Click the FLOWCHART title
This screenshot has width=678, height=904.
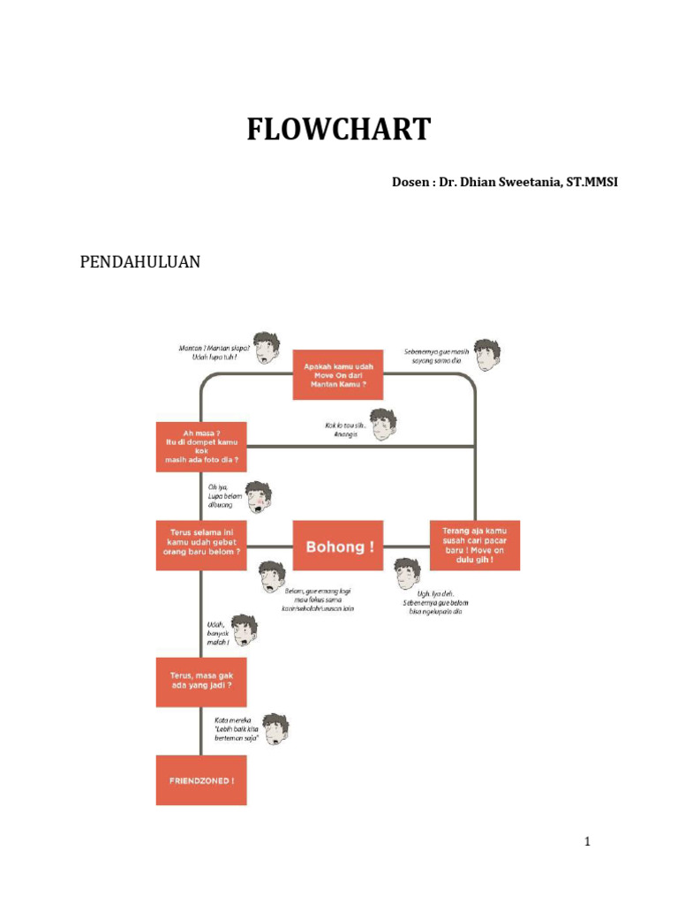(x=338, y=130)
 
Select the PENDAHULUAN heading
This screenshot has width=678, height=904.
(x=140, y=262)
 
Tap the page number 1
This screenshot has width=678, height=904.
(x=586, y=841)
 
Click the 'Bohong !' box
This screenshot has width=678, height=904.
(x=339, y=546)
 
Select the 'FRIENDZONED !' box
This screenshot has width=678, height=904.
(x=201, y=780)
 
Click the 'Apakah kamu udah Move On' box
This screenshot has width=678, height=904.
(x=338, y=374)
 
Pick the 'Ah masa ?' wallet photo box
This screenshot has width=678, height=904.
(x=201, y=447)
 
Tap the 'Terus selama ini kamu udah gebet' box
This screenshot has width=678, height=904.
(x=201, y=546)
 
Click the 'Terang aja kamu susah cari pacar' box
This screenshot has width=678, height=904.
(x=475, y=546)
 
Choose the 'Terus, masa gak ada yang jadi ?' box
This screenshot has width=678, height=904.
(x=201, y=682)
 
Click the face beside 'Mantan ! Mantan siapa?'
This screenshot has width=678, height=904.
(x=266, y=348)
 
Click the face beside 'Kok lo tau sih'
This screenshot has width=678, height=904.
(x=382, y=425)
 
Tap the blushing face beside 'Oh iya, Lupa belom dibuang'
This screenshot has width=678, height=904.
(x=258, y=498)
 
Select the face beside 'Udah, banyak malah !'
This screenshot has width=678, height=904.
(x=244, y=629)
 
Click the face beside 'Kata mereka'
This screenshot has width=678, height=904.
(x=275, y=728)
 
